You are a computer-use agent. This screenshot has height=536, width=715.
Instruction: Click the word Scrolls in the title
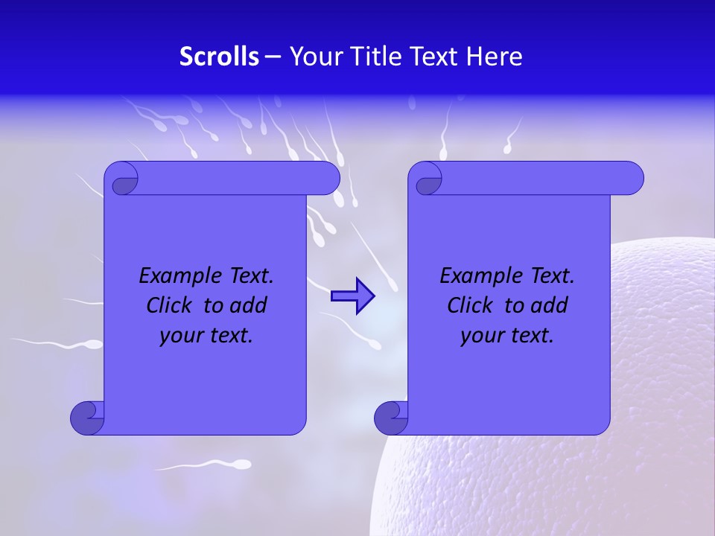point(220,57)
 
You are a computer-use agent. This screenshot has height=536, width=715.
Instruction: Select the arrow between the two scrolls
point(352,296)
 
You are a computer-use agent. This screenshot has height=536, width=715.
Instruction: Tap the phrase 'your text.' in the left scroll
point(206,336)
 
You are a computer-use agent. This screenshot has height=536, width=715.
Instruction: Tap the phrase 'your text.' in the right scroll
point(507,336)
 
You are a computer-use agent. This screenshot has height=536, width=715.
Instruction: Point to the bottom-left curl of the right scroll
point(392,417)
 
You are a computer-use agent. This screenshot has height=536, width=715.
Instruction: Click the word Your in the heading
point(314,57)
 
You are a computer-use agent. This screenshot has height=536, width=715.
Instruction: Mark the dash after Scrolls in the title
point(273,57)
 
